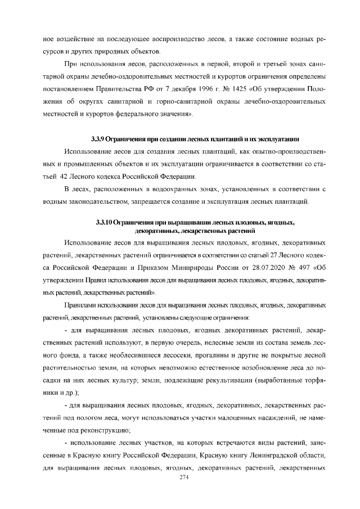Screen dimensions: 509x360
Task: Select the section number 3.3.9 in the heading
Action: click(98, 138)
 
